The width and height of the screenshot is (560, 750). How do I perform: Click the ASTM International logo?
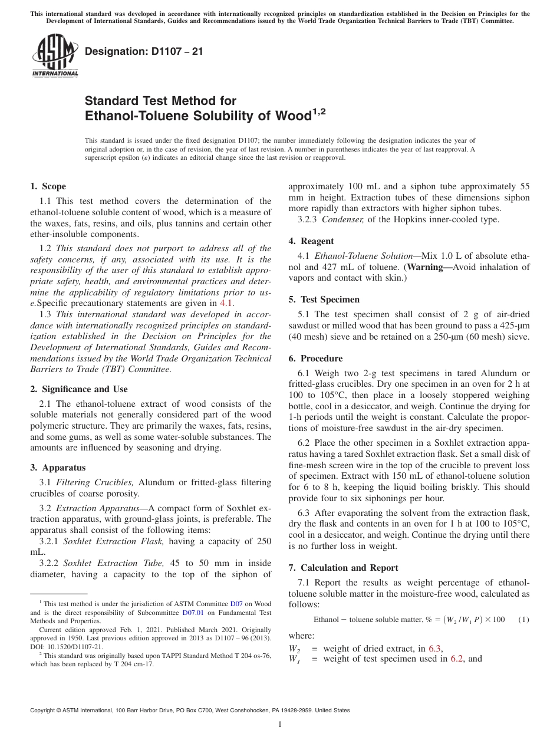[x=54, y=57]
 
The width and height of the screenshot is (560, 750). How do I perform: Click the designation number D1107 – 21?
[x=144, y=51]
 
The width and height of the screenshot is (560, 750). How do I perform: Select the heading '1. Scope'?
[x=48, y=186]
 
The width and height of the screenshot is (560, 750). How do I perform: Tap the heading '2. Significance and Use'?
[x=78, y=389]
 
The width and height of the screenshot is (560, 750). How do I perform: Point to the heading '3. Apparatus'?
[x=58, y=468]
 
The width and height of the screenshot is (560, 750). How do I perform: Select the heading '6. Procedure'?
[x=315, y=358]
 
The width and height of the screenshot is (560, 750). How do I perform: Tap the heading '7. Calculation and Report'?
[x=343, y=568]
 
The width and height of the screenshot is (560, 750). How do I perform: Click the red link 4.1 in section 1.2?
[x=226, y=303]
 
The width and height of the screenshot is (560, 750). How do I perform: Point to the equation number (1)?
[x=523, y=620]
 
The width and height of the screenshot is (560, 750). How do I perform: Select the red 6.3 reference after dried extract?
[x=435, y=649]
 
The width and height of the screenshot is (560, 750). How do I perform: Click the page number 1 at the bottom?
[x=280, y=725]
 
